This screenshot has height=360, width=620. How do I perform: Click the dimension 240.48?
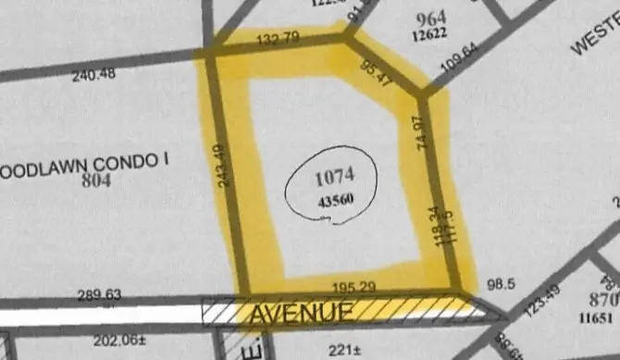coord(94,75)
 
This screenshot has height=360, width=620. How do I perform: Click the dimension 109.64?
coord(459,61)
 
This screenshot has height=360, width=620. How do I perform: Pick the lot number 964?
coord(431,18)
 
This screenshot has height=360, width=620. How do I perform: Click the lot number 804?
coord(95,180)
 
